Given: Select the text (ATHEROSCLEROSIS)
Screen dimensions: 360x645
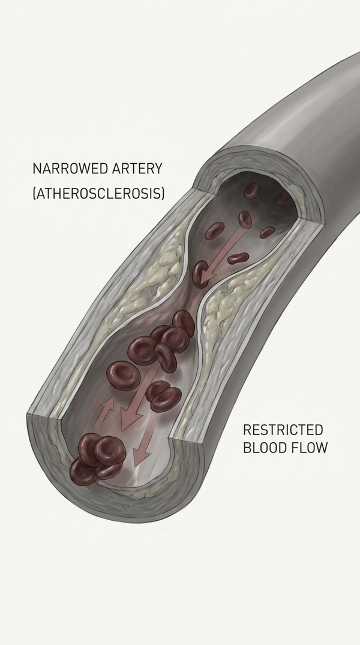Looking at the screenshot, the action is (99, 193).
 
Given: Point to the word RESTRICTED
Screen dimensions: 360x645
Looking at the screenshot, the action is (283, 430).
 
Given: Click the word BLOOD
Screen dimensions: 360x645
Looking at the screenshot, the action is (265, 447).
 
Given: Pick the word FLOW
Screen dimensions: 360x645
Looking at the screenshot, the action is (310, 447).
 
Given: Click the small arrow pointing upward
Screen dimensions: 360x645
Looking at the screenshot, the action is (104, 411).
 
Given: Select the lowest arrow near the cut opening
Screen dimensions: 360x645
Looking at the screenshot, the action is (145, 448).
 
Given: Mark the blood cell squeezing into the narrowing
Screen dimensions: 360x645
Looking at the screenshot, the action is (201, 274).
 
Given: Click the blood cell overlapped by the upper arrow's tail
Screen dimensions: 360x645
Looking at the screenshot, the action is (245, 220).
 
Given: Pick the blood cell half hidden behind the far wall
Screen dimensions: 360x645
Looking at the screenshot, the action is (283, 198).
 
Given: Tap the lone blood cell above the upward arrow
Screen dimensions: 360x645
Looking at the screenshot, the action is (124, 376).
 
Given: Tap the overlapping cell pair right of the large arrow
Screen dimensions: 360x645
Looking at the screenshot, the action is (163, 396).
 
